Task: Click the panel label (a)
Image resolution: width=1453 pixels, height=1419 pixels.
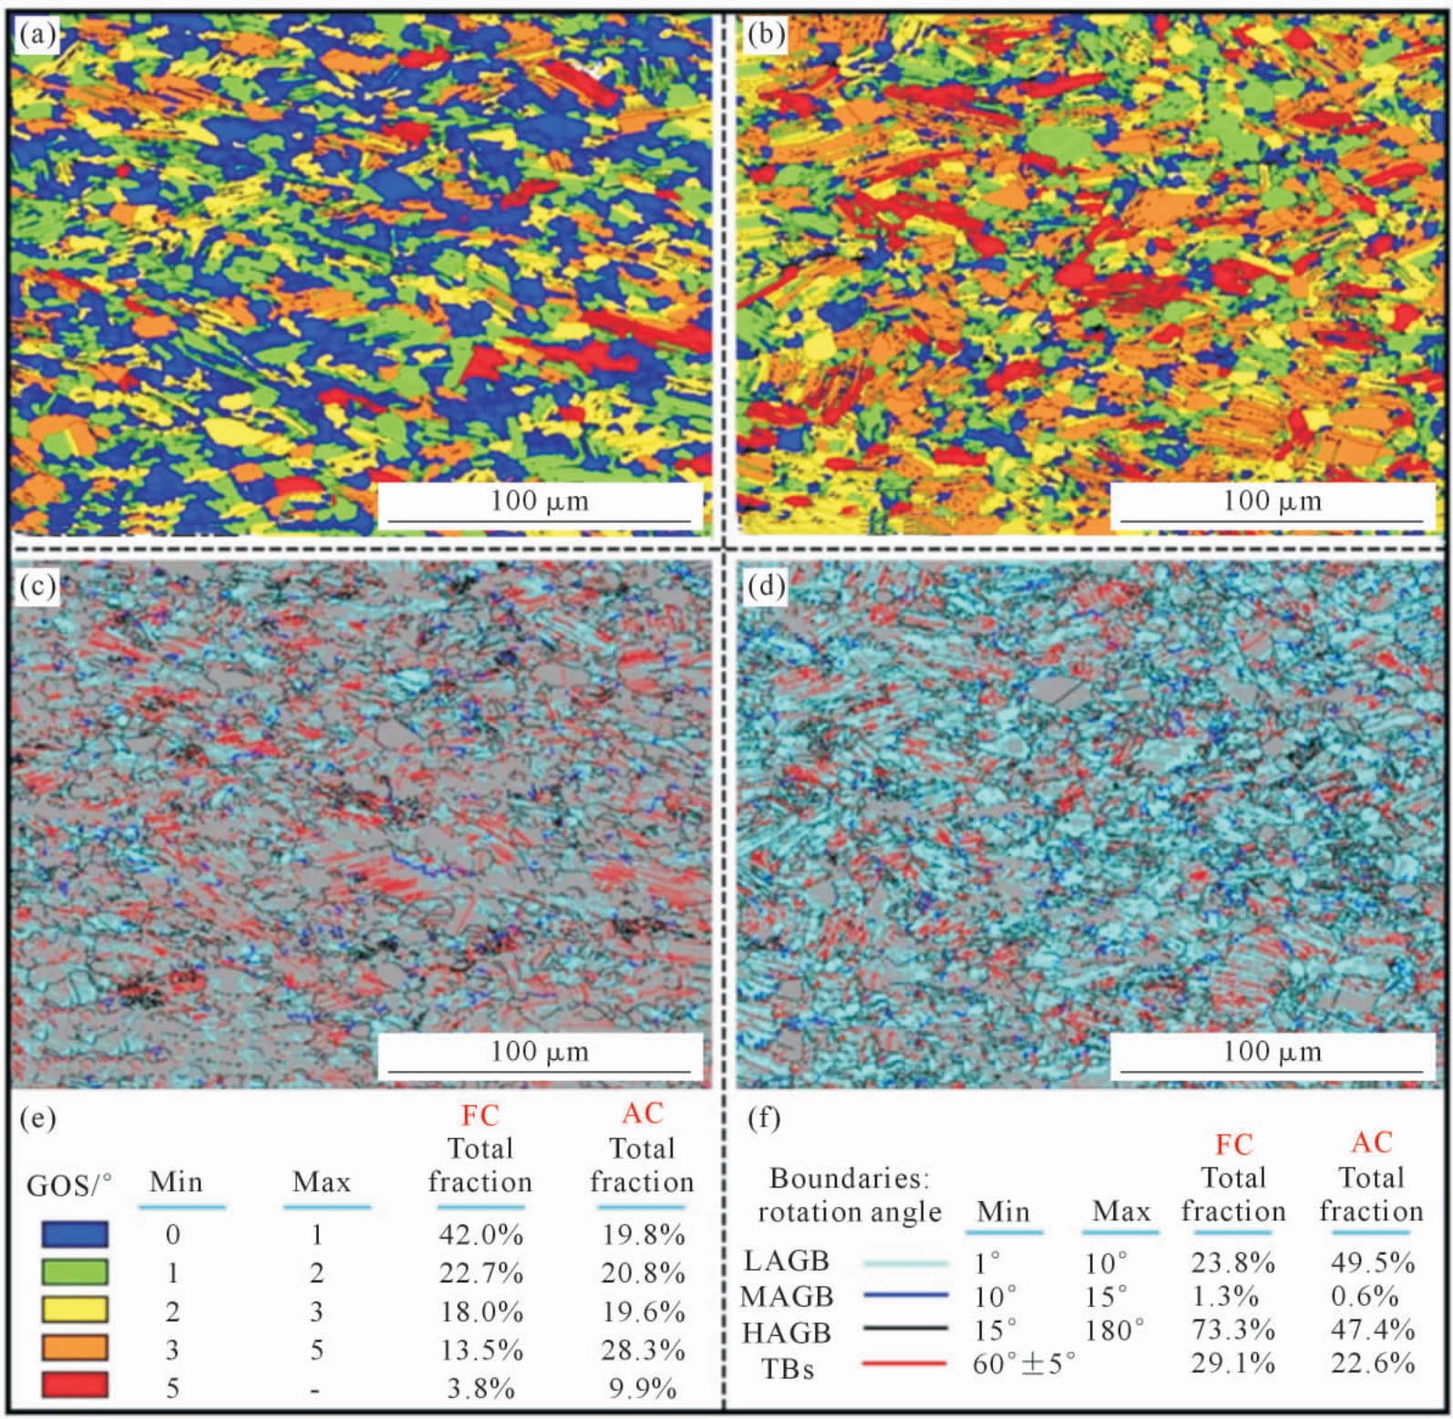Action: [37, 35]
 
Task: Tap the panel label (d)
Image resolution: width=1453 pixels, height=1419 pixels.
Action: [766, 586]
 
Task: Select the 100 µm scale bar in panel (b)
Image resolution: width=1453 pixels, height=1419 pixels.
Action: [1272, 520]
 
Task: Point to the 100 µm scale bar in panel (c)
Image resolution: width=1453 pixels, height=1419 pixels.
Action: [540, 1072]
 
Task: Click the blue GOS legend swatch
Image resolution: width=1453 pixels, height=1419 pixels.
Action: [75, 1234]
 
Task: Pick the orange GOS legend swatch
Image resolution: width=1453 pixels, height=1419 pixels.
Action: [75, 1348]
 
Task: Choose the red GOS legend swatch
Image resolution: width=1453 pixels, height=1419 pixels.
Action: [75, 1385]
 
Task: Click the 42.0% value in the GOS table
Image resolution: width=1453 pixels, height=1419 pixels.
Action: [480, 1235]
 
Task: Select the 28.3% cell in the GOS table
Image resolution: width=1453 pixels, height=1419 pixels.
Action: [643, 1350]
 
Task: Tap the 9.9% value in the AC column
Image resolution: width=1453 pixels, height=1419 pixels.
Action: [643, 1388]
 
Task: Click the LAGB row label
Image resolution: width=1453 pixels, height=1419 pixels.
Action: [787, 1260]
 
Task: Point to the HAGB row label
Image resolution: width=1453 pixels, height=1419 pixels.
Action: [787, 1332]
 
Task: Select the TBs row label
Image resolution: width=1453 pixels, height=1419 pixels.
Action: [788, 1369]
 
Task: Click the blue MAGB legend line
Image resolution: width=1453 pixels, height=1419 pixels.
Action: [905, 1295]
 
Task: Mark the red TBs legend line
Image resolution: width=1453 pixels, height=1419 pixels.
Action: [905, 1364]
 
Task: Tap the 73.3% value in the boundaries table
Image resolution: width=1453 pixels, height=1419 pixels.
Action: [1232, 1330]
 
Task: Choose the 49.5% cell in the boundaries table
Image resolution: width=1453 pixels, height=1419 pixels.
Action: [1372, 1263]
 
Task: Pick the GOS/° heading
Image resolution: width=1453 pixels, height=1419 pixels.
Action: [69, 1185]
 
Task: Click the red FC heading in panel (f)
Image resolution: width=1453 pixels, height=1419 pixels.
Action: [1233, 1145]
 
